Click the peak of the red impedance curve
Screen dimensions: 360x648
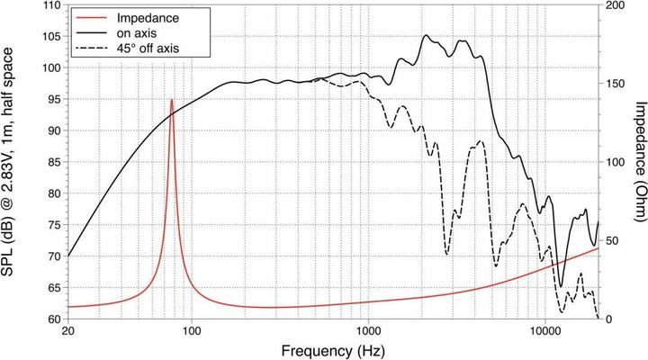point(172,100)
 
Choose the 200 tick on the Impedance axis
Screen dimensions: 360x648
point(615,5)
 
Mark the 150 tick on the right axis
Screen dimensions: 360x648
point(615,84)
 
